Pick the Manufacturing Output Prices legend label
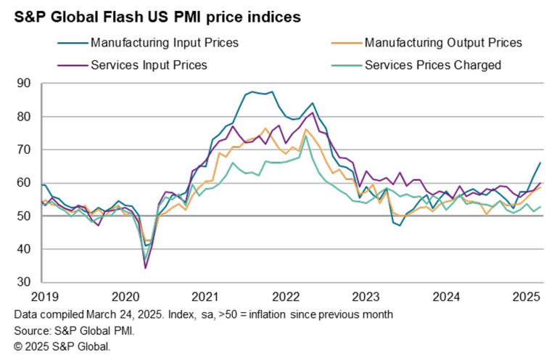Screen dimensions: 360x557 [443, 43]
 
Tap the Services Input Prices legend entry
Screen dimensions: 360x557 [149, 65]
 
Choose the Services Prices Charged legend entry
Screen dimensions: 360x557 [433, 65]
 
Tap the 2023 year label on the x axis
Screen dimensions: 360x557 [366, 297]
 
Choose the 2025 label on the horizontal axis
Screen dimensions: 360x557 [527, 297]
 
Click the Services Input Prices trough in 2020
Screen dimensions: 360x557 [145, 268]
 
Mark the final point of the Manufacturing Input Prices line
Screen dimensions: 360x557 [540, 163]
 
